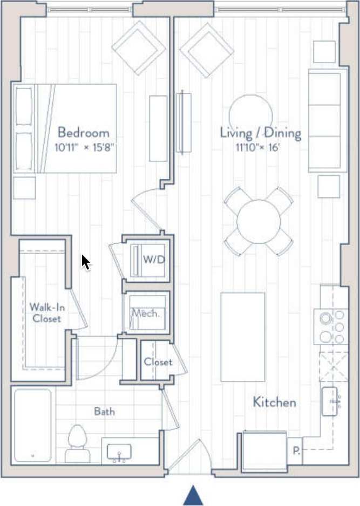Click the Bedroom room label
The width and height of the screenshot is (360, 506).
[83, 132]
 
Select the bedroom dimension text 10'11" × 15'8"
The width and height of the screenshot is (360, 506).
[85, 147]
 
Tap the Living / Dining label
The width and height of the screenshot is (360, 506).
[260, 133]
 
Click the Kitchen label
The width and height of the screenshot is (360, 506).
[274, 402]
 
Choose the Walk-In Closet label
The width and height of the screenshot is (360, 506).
[45, 313]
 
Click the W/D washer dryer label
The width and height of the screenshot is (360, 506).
[153, 259]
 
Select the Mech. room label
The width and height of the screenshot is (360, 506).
[145, 313]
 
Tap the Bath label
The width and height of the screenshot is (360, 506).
[104, 412]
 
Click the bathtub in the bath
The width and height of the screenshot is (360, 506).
[32, 425]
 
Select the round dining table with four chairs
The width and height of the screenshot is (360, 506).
[258, 221]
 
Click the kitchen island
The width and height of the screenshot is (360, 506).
[243, 337]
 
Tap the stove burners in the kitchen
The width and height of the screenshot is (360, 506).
[332, 327]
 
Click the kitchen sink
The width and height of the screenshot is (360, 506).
[331, 401]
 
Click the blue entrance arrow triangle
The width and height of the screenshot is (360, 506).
[193, 496]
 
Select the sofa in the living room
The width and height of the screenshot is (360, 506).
[327, 121]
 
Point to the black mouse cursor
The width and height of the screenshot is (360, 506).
[85, 262]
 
